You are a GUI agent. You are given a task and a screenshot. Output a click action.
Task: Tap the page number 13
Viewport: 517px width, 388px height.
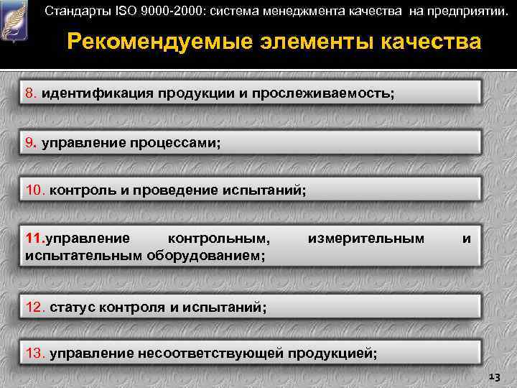(493, 376)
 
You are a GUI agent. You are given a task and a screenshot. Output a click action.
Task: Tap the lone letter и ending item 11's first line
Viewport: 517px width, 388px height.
(467, 238)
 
